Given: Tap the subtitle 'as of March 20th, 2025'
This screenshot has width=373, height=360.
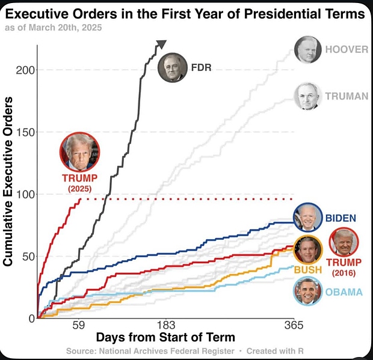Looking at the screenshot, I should (53, 28).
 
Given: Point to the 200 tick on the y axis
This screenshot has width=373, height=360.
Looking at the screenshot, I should (22, 70).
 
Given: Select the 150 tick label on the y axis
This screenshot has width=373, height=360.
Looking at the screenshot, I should (22, 132).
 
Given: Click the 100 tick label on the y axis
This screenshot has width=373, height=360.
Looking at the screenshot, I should (22, 194).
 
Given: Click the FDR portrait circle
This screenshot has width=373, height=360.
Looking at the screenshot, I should (172, 68).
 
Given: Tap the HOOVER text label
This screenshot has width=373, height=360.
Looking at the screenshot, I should (346, 49).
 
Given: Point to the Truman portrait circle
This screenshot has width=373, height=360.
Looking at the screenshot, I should (307, 96).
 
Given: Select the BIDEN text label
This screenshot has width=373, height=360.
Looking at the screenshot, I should (341, 218).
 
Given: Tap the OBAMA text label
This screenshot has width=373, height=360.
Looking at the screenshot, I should (344, 292).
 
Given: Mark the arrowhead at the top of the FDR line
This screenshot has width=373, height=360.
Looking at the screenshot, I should (161, 44).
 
